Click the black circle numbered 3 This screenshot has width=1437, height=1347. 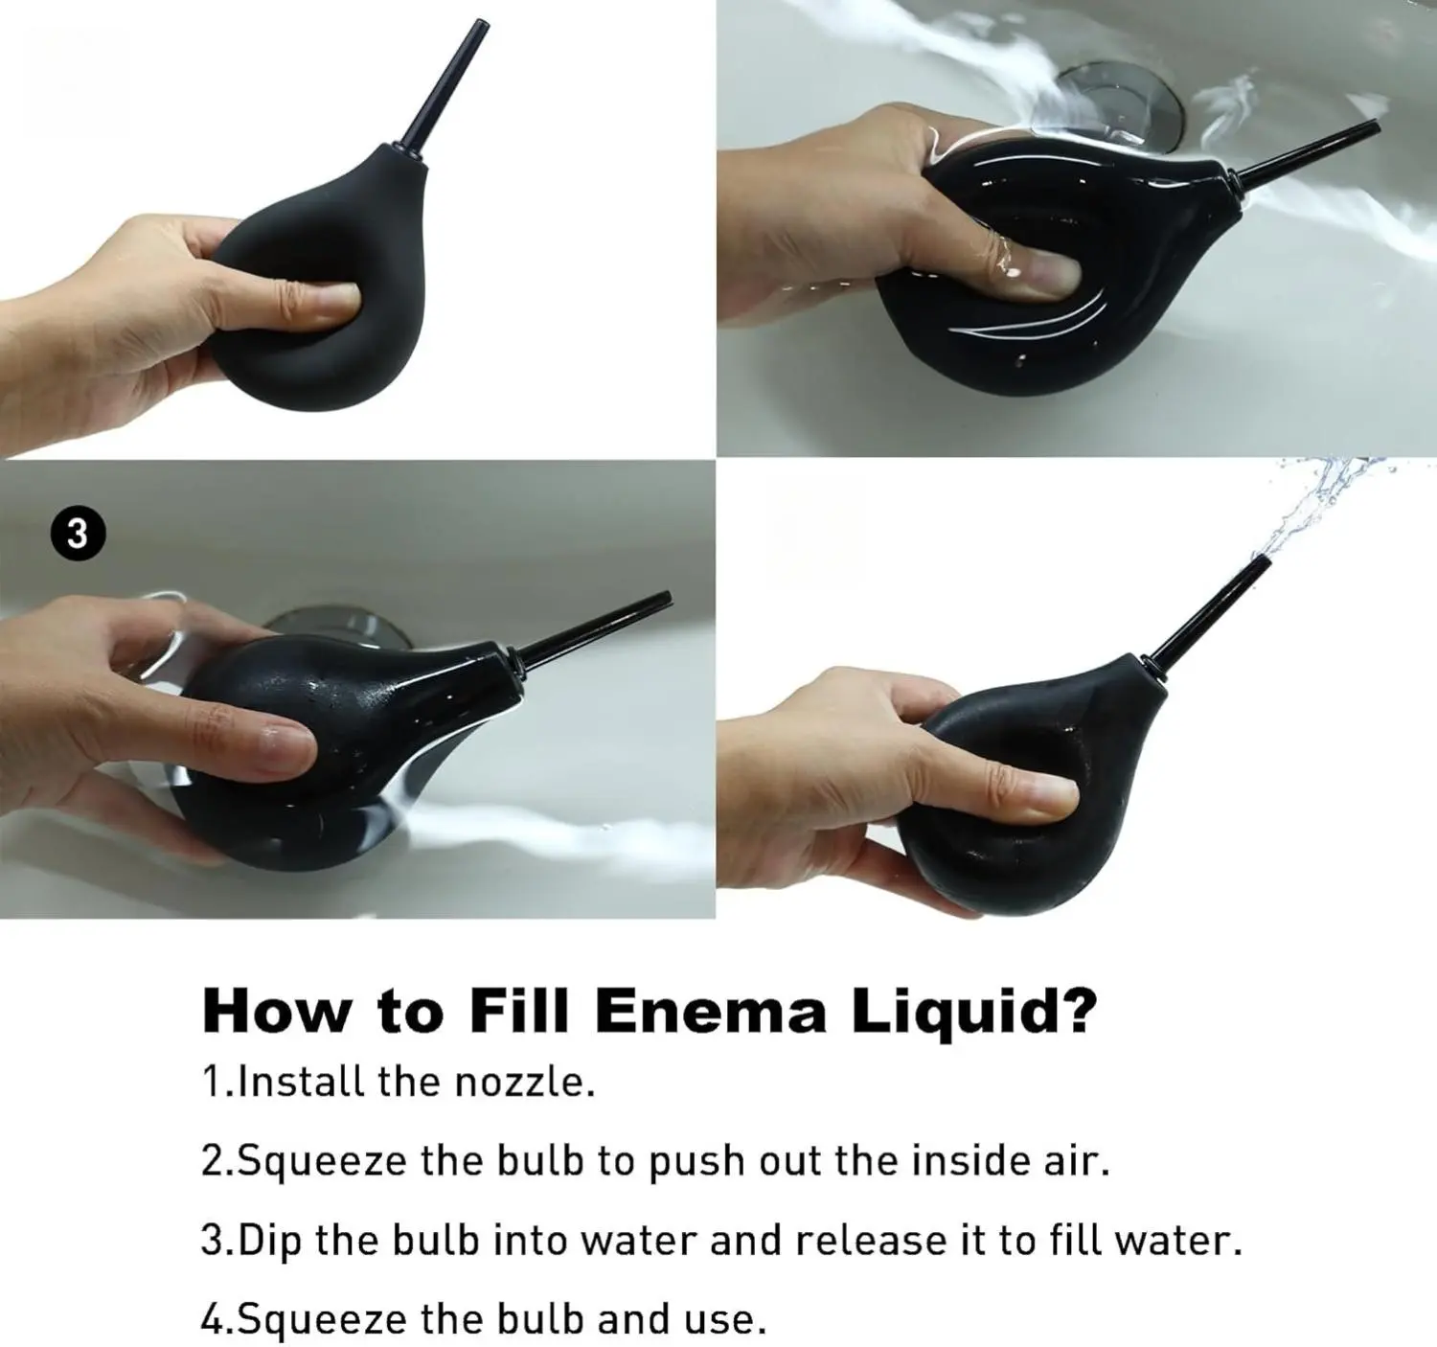[79, 535]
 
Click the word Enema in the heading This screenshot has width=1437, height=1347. [710, 1010]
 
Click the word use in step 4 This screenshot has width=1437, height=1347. [732, 1321]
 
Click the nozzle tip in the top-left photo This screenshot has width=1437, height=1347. [481, 25]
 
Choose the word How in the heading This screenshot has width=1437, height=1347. [276, 1011]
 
